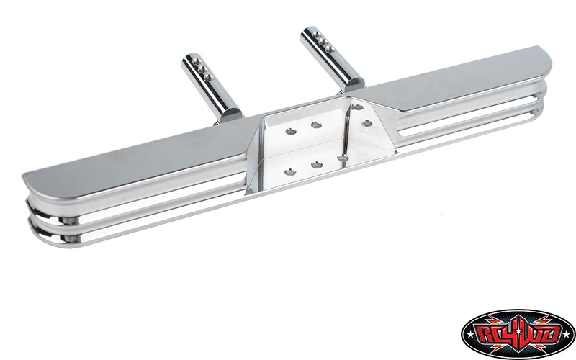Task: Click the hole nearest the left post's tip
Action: (x=197, y=61)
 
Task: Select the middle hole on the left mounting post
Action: (x=203, y=69)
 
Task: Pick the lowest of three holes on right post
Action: (x=330, y=49)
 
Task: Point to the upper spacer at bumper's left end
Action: (x=68, y=220)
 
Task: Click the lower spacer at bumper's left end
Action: (x=71, y=239)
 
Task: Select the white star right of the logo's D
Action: (x=568, y=333)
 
